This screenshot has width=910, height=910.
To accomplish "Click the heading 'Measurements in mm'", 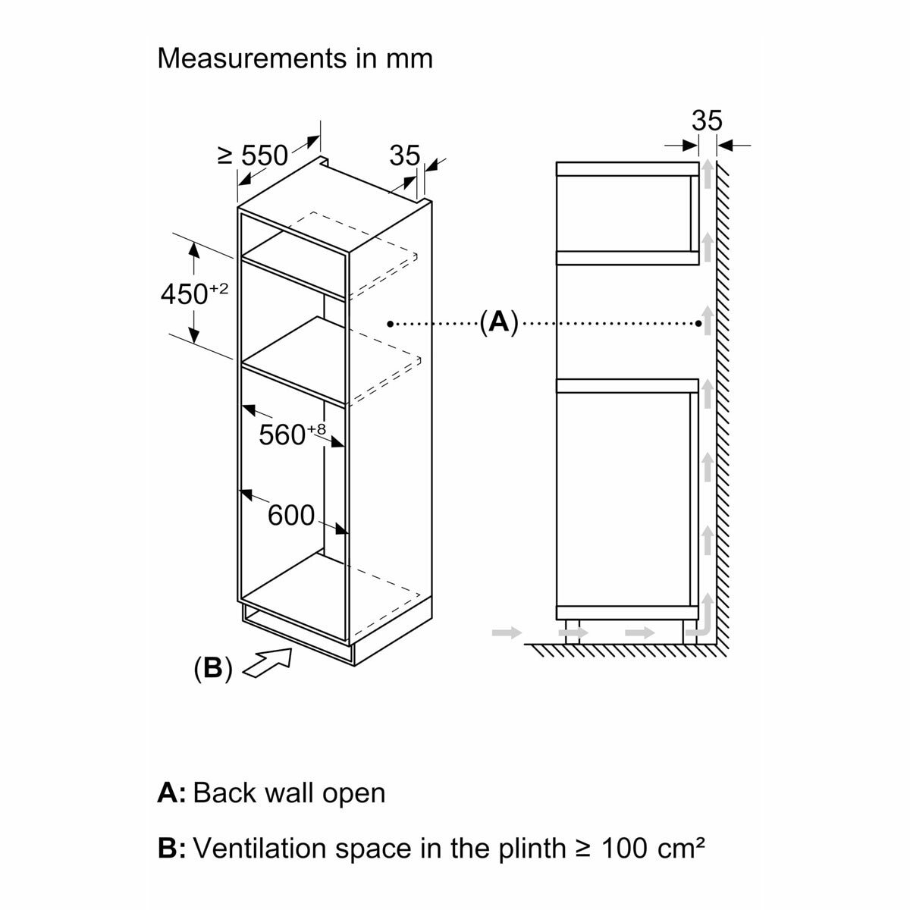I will [294, 58].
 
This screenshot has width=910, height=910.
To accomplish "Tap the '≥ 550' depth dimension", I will [253, 155].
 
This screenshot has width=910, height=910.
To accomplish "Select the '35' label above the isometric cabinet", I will [404, 155].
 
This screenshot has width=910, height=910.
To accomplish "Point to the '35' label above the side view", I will [707, 121].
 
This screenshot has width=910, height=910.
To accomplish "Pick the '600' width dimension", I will [291, 516].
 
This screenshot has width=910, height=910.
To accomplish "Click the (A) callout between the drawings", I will [498, 322].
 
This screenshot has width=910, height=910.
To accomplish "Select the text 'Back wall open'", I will [290, 793].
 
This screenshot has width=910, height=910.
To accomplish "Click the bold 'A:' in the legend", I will [171, 793].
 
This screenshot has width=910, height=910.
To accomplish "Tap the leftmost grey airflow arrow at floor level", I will [507, 631].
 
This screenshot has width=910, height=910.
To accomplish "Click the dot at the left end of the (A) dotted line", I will [390, 324].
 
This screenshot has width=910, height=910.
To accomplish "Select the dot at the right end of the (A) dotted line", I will [698, 324].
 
